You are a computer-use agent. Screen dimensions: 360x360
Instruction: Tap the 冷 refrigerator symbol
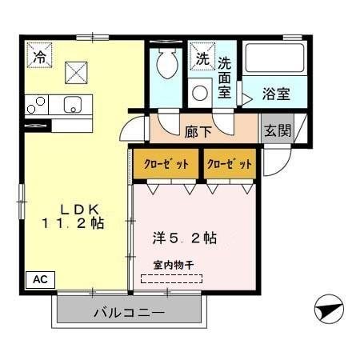click(x=38, y=56)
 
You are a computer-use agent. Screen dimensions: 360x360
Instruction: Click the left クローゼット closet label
click(x=166, y=164)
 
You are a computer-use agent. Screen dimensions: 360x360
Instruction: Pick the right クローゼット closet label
click(x=230, y=164)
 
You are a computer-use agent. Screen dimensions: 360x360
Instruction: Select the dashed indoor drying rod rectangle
click(x=172, y=279)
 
